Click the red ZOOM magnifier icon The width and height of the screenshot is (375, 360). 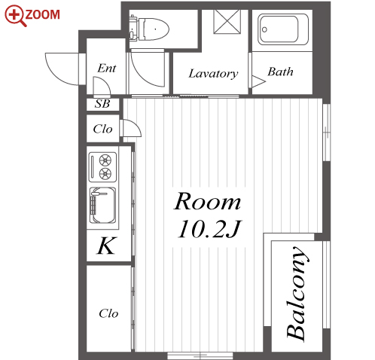[x=14, y=16]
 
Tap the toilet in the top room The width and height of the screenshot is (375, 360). [x=149, y=29]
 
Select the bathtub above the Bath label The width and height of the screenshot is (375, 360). [x=283, y=29]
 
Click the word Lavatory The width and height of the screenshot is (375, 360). [x=213, y=74]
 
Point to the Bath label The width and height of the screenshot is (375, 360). [x=280, y=72]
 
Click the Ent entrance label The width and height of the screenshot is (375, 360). [x=107, y=69]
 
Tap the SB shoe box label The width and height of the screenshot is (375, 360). [x=102, y=104]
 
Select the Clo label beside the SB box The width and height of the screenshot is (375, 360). [x=102, y=129]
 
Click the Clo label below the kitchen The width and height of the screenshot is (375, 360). [x=108, y=313]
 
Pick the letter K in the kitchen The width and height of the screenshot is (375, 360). [x=107, y=246]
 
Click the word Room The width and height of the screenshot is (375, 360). [x=207, y=201]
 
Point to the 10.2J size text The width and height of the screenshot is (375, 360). [x=209, y=229]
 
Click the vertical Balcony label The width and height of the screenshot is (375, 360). [x=297, y=294]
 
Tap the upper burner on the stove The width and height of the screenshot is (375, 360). [x=105, y=160]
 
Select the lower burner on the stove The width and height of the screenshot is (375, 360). [x=105, y=173]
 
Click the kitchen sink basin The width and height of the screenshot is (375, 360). [x=102, y=205]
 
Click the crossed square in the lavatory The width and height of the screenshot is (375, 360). [x=227, y=21]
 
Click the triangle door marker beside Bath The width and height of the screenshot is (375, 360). [x=258, y=81]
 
